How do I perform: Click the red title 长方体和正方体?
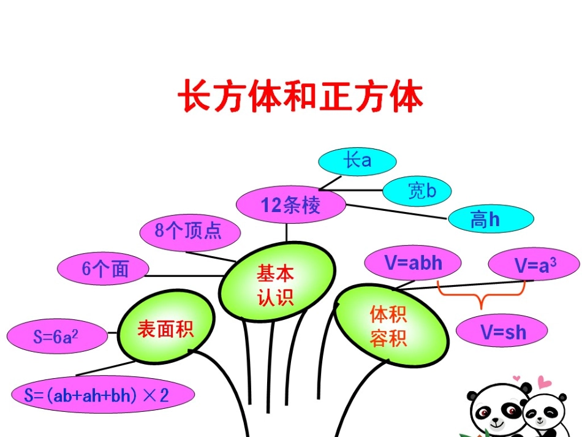[x=300, y=97]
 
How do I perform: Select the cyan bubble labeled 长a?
[x=358, y=161]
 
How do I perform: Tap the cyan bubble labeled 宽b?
[x=417, y=191]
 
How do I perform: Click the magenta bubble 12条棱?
[x=290, y=205]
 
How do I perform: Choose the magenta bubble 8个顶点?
[x=189, y=231]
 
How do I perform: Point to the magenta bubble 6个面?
[x=104, y=270]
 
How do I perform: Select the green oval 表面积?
[x=165, y=329]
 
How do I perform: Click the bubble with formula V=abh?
[x=413, y=264]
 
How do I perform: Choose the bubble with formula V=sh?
[x=502, y=332]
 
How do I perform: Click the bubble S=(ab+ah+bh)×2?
[x=103, y=395]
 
